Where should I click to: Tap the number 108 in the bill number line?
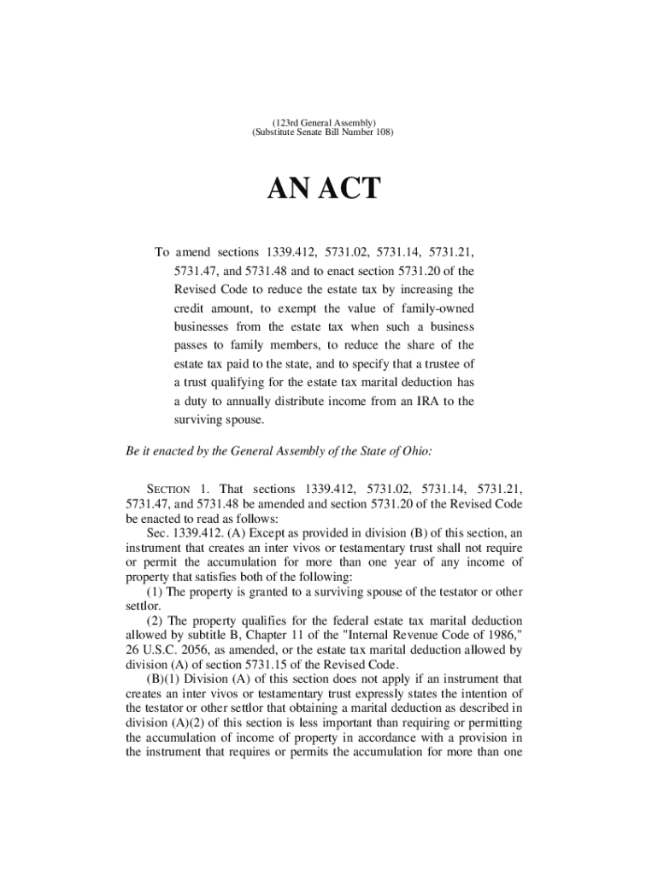382,134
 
